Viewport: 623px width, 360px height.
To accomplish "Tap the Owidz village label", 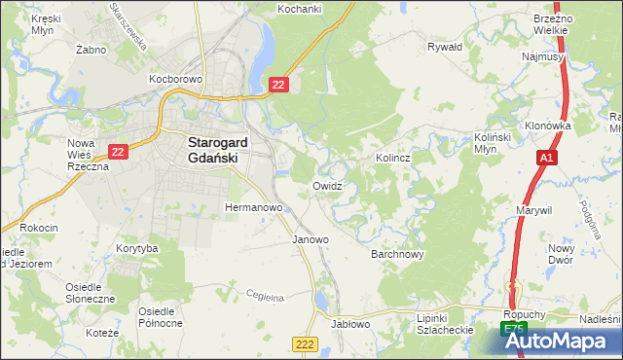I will point(327,185).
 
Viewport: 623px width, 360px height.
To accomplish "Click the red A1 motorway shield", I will point(545,157).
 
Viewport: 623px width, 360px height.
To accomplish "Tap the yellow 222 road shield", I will point(305,343).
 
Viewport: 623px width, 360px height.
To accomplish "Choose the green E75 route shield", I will point(515,331).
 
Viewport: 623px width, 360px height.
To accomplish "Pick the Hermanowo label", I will point(253,207).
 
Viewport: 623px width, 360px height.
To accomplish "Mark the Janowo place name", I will point(311,238).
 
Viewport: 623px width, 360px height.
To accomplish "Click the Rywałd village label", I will point(445,46).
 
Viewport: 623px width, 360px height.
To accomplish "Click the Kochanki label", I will point(299,8).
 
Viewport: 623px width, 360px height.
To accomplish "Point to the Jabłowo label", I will point(351,324).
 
